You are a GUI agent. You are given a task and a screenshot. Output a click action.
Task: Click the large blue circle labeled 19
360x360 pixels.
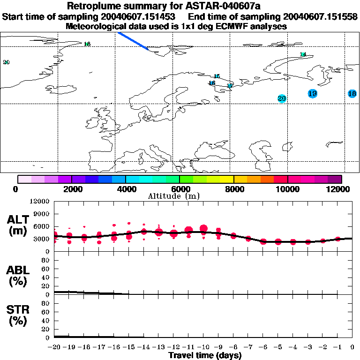click(313, 94)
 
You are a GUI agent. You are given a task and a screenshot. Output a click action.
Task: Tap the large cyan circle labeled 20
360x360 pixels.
click(281, 98)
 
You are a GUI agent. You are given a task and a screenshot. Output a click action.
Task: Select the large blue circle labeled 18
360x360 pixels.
click(352, 94)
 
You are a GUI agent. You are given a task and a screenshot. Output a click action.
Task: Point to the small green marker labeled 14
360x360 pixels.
click(303, 54)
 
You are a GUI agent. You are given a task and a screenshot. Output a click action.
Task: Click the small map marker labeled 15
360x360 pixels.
click(217, 76)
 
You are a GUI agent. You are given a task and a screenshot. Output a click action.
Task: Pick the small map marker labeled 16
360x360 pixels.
click(212, 83)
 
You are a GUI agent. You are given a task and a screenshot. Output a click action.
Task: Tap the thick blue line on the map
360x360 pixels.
click(133, 40)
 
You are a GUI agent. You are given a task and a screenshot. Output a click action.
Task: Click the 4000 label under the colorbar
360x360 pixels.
click(125, 189)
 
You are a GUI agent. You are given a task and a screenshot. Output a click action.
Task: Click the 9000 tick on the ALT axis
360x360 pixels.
click(43, 214)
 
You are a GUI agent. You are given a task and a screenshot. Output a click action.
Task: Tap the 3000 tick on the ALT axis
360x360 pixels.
click(43, 239)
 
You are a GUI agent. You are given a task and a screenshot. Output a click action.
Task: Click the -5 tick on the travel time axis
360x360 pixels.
click(278, 347)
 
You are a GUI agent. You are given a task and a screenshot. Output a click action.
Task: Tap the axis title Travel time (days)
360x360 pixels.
click(205, 355)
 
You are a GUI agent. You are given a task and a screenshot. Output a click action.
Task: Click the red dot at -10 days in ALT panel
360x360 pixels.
click(203, 229)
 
